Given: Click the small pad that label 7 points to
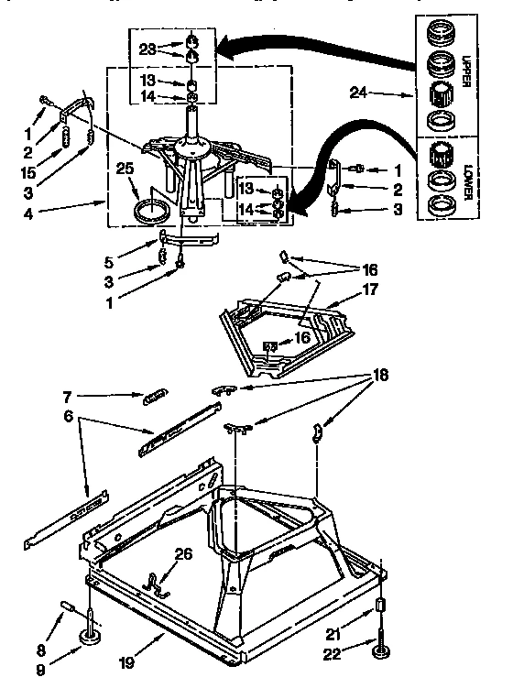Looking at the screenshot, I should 154,396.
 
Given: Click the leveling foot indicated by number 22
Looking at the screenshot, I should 378,652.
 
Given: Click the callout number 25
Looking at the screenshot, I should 126,169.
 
